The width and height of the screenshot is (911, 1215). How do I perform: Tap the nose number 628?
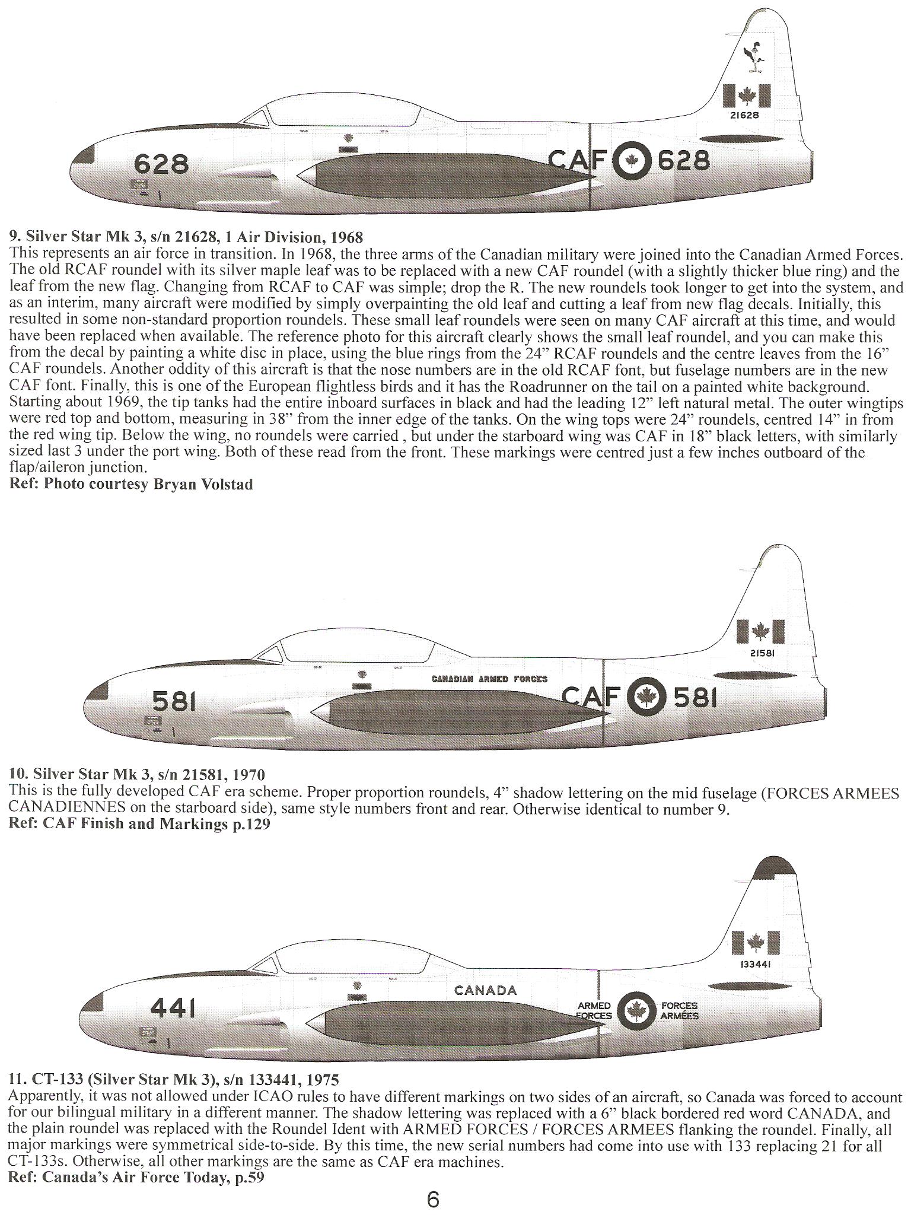161,163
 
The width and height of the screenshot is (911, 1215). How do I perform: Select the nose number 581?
174,702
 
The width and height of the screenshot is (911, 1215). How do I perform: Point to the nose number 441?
173,1007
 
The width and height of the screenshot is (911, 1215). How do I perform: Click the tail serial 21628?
744,116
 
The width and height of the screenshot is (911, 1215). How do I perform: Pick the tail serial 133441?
756,964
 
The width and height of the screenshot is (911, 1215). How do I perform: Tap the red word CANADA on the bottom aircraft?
485,990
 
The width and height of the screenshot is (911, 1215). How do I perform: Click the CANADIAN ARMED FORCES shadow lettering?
489,679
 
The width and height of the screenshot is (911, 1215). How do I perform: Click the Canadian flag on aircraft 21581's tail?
760,632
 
